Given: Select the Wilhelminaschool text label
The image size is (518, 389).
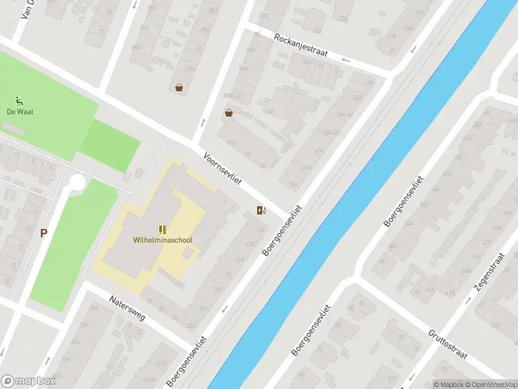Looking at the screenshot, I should click(x=163, y=240).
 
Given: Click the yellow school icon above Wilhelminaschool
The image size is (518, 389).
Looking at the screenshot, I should click(x=163, y=229).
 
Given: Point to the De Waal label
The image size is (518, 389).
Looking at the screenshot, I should click(x=20, y=112).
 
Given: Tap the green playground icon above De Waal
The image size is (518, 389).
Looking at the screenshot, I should click(x=20, y=100).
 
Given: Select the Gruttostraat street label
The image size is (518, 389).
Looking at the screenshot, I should click(x=447, y=344).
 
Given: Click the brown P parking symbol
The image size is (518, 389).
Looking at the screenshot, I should click(x=43, y=233).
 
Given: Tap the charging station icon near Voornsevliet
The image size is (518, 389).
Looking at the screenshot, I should click(x=261, y=210).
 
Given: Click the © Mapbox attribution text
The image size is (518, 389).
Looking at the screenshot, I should click(x=449, y=384).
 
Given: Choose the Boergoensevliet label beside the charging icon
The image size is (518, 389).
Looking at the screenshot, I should click(x=283, y=231).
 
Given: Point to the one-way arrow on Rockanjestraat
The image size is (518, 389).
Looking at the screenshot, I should click(x=344, y=61).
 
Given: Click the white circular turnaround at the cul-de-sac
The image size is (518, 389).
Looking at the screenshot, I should click(x=76, y=183).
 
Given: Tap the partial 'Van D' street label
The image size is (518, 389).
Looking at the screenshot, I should click(x=29, y=9).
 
